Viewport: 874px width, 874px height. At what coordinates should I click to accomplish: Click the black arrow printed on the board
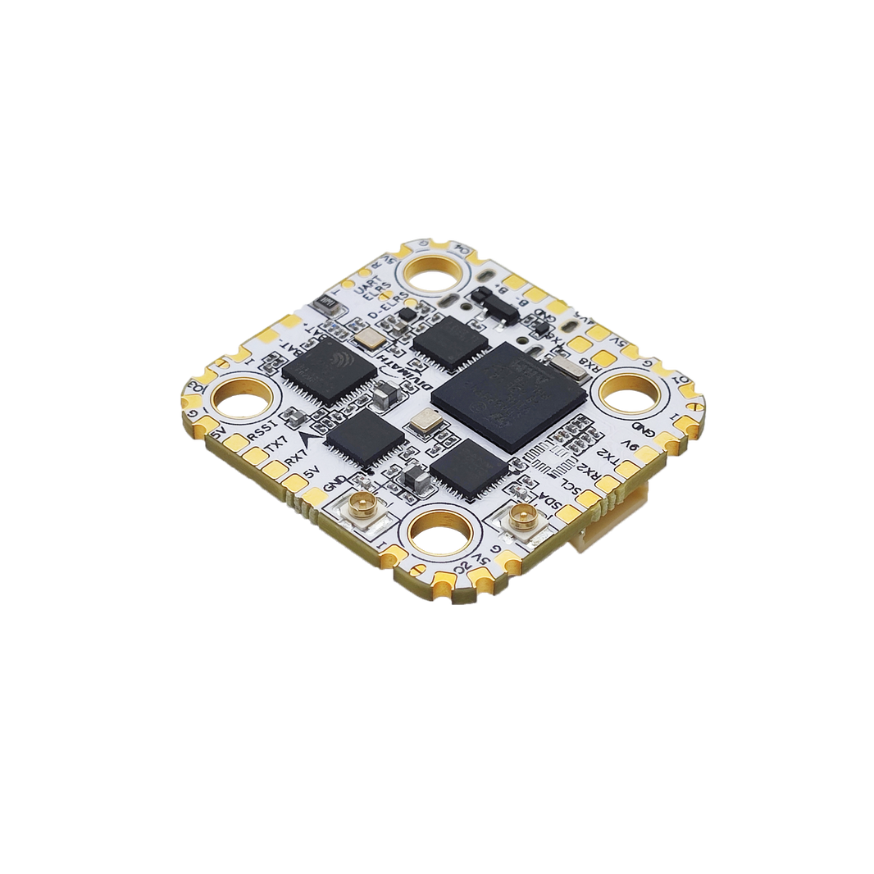[311, 441]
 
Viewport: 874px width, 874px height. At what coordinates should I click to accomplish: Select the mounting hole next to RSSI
[242, 401]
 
